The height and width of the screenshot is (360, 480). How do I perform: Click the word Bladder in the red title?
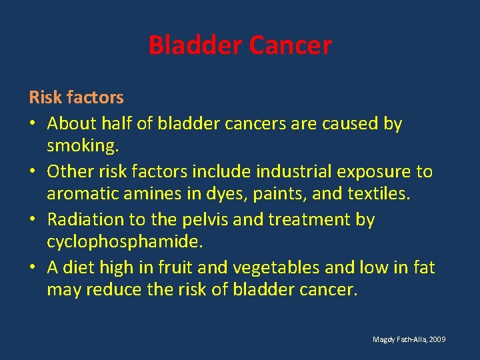pos(195,45)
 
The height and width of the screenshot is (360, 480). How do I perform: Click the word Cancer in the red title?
pos(289,45)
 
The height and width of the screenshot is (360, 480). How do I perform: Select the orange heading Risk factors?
pos(76,97)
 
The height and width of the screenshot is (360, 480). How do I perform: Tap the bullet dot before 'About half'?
pos(33,123)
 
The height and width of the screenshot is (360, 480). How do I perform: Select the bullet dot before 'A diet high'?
pos(33,267)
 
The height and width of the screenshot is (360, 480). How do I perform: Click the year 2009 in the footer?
pos(437,340)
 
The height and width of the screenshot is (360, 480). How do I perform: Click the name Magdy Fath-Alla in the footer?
pos(399,340)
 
